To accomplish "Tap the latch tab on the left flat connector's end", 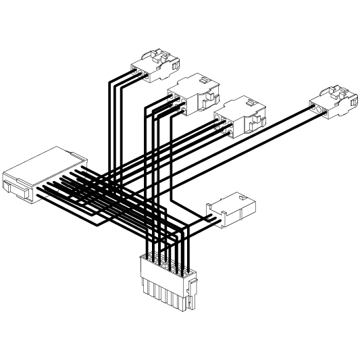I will pos(16,186).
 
